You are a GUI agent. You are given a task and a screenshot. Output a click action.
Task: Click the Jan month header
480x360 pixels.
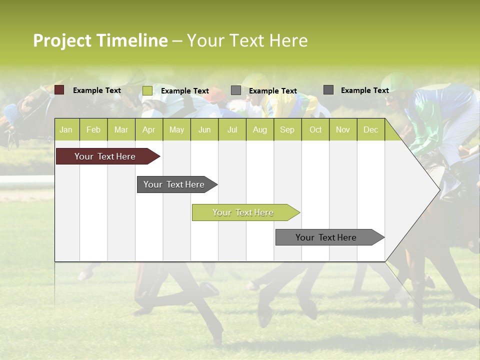[66, 129]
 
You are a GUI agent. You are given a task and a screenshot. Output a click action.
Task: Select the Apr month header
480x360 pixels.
[149, 129]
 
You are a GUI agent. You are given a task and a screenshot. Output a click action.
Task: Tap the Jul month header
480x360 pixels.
[232, 129]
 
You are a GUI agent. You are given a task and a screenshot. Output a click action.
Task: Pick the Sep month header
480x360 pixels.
[287, 129]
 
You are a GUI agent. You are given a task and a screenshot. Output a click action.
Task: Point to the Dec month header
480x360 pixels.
[370, 129]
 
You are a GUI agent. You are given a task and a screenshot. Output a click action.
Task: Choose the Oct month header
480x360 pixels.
[315, 129]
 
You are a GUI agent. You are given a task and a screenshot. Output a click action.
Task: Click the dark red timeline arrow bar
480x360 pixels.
[105, 156]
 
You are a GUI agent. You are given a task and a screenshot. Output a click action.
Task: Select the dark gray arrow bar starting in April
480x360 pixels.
[174, 184]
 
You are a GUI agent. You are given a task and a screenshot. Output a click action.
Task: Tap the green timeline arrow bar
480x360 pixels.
[243, 212]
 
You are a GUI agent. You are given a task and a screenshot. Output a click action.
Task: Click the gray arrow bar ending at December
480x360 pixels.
[326, 237]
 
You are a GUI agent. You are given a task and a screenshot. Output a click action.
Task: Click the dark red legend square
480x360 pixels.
[59, 90]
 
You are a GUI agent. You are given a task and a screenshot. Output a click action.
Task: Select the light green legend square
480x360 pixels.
[147, 90]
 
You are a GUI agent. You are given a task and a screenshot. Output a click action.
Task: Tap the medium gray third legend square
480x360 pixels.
[236, 90]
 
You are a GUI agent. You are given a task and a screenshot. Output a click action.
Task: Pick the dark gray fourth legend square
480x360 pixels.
[328, 90]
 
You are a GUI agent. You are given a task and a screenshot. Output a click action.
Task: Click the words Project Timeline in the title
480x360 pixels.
[100, 40]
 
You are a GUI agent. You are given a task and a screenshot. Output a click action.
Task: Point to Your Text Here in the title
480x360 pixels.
[247, 40]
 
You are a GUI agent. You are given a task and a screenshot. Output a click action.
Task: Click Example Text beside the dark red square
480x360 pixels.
[97, 90]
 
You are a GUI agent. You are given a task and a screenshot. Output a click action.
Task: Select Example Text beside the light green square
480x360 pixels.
[185, 91]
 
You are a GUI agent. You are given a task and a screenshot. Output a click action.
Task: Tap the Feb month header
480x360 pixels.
[93, 129]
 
